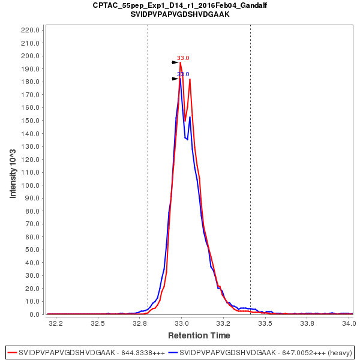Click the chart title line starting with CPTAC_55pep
point(180,5)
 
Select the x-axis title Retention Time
point(199,335)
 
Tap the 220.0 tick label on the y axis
point(30,30)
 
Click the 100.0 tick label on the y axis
point(30,185)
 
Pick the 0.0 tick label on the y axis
point(34,314)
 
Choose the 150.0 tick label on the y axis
point(30,121)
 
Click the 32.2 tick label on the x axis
point(56,323)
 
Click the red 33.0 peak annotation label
point(183,58)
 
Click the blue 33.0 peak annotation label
point(183,74)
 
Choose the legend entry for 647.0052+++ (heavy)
point(260,352)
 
